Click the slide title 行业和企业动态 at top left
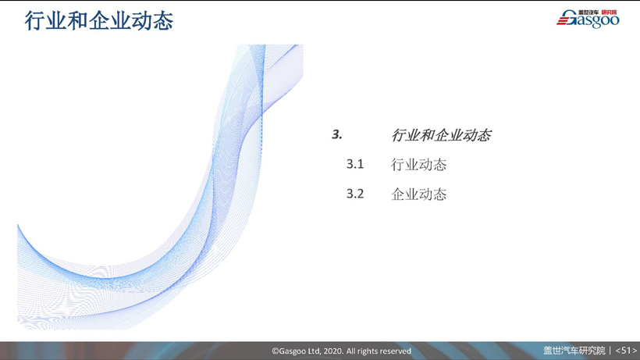pyautogui.click(x=99, y=20)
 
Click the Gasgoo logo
pyautogui.click(x=588, y=19)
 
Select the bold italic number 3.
pyautogui.click(x=337, y=134)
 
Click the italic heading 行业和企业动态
pyautogui.click(x=441, y=135)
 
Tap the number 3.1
pyautogui.click(x=355, y=164)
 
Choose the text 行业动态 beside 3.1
pyautogui.click(x=419, y=165)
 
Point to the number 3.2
pyautogui.click(x=355, y=194)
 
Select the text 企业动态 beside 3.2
pyautogui.click(x=419, y=194)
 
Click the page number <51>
pyautogui.click(x=626, y=351)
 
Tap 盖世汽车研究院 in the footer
pyautogui.click(x=574, y=351)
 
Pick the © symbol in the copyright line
pyautogui.click(x=276, y=351)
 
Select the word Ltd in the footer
pyautogui.click(x=314, y=351)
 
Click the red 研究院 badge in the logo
pyautogui.click(x=610, y=12)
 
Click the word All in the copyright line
pyautogui.click(x=350, y=351)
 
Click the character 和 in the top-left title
pyautogui.click(x=77, y=20)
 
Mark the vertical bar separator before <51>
pyautogui.click(x=610, y=351)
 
